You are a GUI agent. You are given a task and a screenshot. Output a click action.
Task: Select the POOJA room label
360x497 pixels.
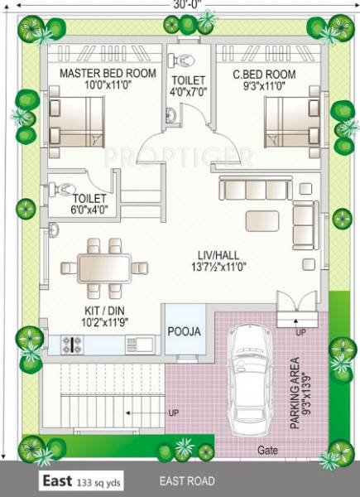[184, 331]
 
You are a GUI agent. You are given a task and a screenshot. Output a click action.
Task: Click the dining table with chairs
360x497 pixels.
[104, 266]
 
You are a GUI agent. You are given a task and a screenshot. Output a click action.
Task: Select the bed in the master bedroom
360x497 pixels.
[75, 121]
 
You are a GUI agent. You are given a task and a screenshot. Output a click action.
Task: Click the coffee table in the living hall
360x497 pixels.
[262, 220]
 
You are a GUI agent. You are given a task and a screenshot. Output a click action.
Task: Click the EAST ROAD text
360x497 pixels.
[188, 481]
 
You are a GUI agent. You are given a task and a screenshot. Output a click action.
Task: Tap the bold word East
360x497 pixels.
[57, 481]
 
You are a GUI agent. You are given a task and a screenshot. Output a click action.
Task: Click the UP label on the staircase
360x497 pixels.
[172, 412]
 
